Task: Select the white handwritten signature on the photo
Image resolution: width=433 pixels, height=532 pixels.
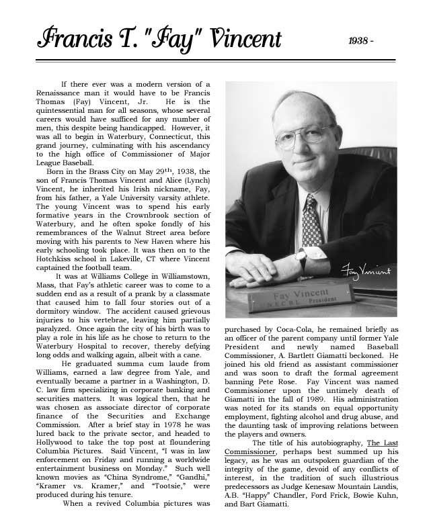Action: [366, 271]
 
